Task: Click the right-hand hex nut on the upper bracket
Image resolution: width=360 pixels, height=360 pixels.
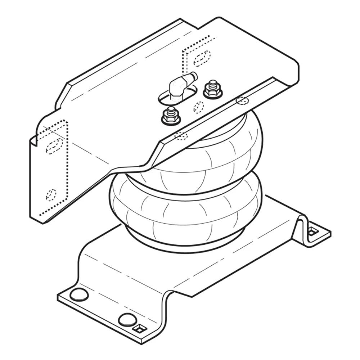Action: pyautogui.click(x=212, y=90)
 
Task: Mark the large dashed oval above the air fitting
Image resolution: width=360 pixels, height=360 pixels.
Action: pyautogui.click(x=202, y=58)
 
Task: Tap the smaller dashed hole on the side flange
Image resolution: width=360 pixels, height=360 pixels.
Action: pyautogui.click(x=51, y=194)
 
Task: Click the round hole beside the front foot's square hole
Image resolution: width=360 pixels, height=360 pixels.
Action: pyautogui.click(x=126, y=319)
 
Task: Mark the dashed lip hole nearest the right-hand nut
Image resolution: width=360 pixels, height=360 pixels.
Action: pyautogui.click(x=242, y=100)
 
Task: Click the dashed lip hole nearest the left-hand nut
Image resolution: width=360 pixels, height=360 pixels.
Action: pyautogui.click(x=181, y=136)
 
